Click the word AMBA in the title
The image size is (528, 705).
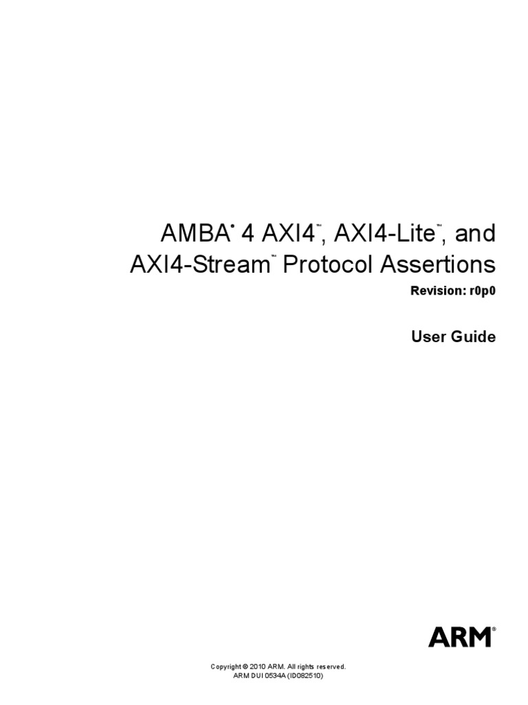pos(193,234)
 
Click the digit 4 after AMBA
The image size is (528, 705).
pos(246,234)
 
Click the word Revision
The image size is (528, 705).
pos(437,291)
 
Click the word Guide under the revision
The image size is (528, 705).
pos(474,337)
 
